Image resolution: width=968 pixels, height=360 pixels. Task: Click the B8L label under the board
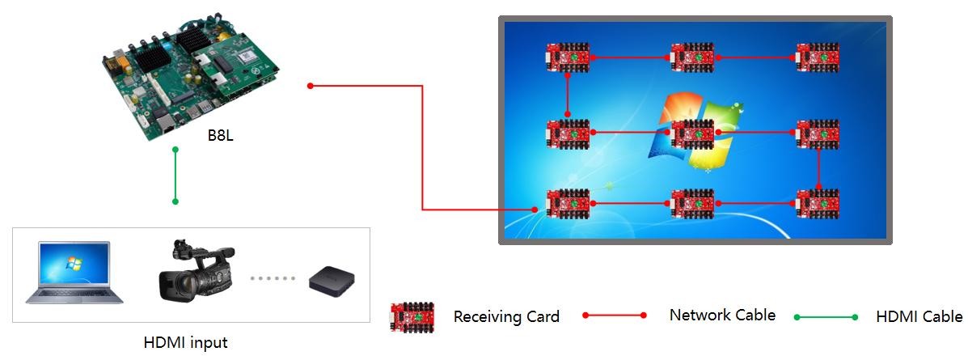tap(221, 135)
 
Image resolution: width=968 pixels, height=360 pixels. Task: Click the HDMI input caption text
tap(185, 342)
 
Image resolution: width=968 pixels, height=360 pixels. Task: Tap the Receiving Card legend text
tap(506, 316)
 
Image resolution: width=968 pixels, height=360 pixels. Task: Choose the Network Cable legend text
tap(722, 315)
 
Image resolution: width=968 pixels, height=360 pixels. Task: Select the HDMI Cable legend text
tap(919, 316)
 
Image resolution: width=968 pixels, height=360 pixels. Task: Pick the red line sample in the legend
tap(615, 316)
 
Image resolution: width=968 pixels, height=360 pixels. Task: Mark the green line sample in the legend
tap(826, 317)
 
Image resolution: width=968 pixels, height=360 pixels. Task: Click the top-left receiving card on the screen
tap(569, 58)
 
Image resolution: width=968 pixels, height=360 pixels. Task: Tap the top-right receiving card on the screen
tap(818, 58)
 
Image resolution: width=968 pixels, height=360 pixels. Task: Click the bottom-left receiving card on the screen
tap(569, 203)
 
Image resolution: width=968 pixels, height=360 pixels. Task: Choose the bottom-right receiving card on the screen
tap(818, 203)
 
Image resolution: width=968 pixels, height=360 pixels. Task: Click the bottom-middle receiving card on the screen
tap(693, 203)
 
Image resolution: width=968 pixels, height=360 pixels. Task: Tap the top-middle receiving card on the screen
tap(693, 58)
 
